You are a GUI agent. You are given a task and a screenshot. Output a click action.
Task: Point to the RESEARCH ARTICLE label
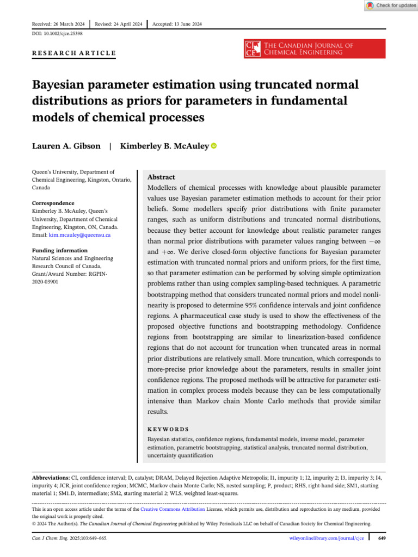coord(74,53)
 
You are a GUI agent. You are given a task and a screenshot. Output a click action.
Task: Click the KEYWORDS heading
coord(168,429)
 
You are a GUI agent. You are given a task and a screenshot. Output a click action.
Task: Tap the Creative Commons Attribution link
coord(173,509)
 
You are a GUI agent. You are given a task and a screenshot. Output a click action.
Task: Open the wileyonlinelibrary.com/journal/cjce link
coord(325,538)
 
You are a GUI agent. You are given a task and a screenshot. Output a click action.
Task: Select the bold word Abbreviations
coord(51,477)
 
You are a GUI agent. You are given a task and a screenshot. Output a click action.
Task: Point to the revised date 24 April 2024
coord(118,24)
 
